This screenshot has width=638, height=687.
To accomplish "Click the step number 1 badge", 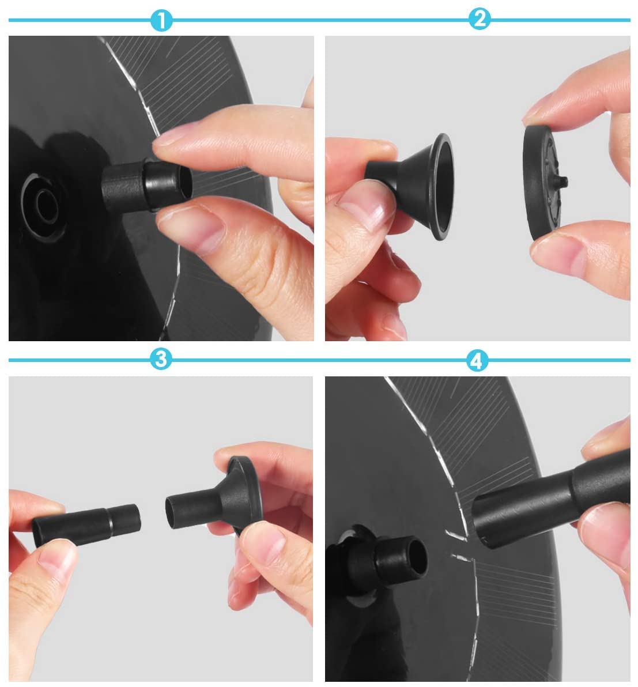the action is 161,21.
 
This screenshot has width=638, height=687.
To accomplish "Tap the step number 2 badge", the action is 479,19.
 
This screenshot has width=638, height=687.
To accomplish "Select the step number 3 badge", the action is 161,359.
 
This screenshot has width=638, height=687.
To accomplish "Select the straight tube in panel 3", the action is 87,524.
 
